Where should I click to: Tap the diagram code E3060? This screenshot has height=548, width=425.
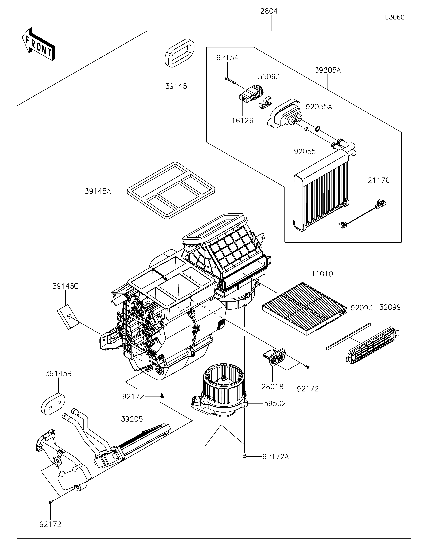[395, 17]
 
